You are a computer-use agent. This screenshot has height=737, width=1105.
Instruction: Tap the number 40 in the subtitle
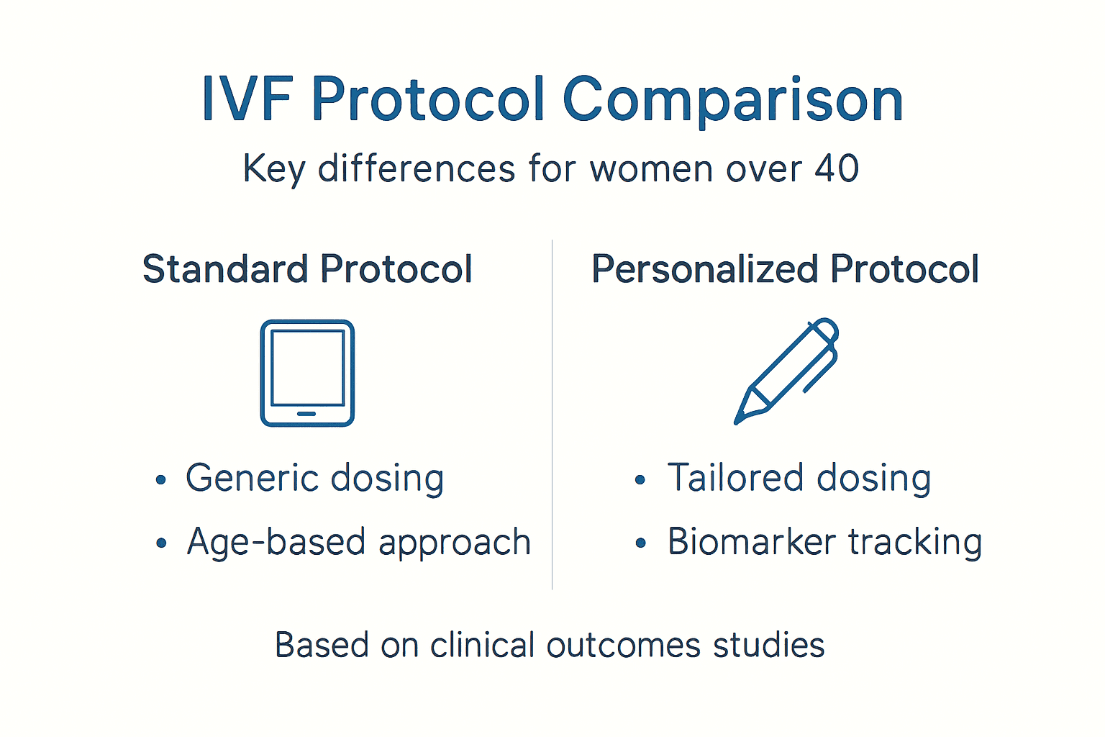[837, 169]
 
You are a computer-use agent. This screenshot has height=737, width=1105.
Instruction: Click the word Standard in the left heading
[225, 269]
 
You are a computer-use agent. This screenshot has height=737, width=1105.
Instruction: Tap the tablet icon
[307, 373]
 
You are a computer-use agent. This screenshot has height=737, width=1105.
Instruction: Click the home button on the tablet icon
[306, 414]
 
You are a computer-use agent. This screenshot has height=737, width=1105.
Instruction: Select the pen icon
[787, 371]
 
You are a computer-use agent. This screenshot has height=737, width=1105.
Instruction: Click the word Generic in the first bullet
[241, 478]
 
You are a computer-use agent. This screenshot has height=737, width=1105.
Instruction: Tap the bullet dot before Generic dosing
[161, 480]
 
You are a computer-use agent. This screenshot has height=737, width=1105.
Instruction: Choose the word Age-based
[276, 542]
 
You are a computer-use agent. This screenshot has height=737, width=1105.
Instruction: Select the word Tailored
[735, 478]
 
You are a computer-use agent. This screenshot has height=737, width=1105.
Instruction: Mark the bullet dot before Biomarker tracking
[641, 543]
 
